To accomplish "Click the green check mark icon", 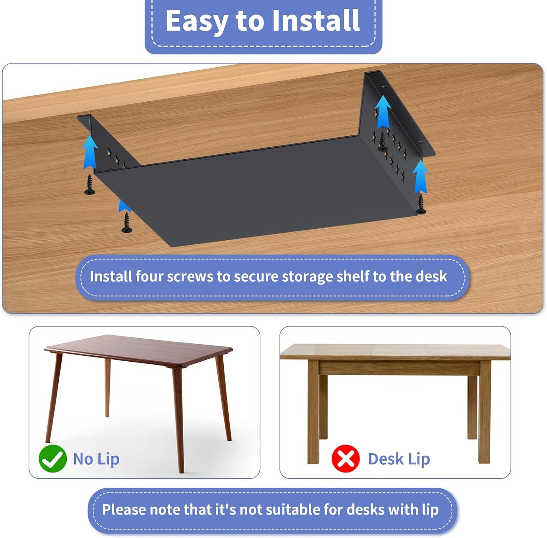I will (x=53, y=459).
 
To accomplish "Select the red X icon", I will (x=345, y=459).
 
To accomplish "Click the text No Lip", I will (x=96, y=459).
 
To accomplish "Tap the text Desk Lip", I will (x=399, y=459).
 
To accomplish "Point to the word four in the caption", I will (x=149, y=277).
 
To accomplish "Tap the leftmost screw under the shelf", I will (x=90, y=184).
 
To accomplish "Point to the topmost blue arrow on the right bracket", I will (x=383, y=111).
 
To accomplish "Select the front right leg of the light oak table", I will (x=484, y=412).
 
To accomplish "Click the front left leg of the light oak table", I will (x=313, y=412).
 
